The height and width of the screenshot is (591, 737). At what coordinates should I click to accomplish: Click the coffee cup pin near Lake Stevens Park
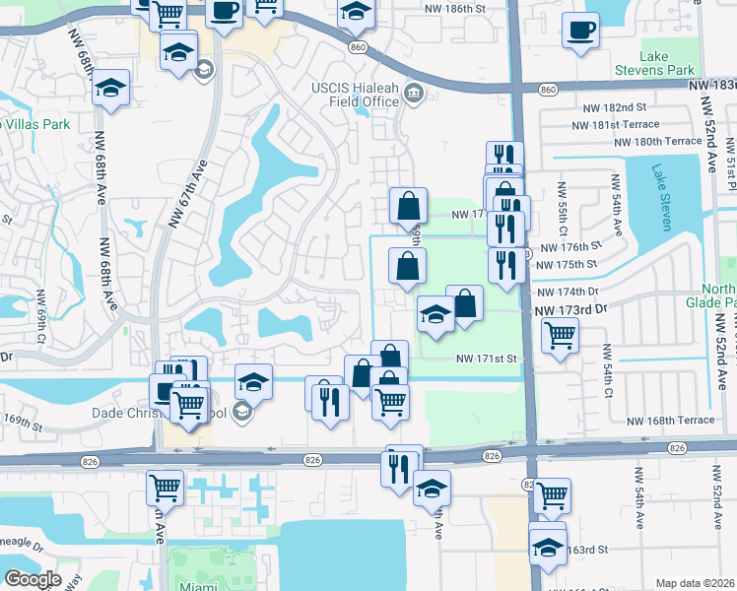(579, 31)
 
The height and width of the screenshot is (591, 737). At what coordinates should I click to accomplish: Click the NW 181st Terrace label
(601, 124)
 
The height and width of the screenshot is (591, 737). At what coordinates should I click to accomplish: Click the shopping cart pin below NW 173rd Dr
(560, 335)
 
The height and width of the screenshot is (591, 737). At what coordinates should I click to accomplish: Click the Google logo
(33, 579)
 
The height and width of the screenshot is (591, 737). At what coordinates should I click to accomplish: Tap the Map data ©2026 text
(695, 583)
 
